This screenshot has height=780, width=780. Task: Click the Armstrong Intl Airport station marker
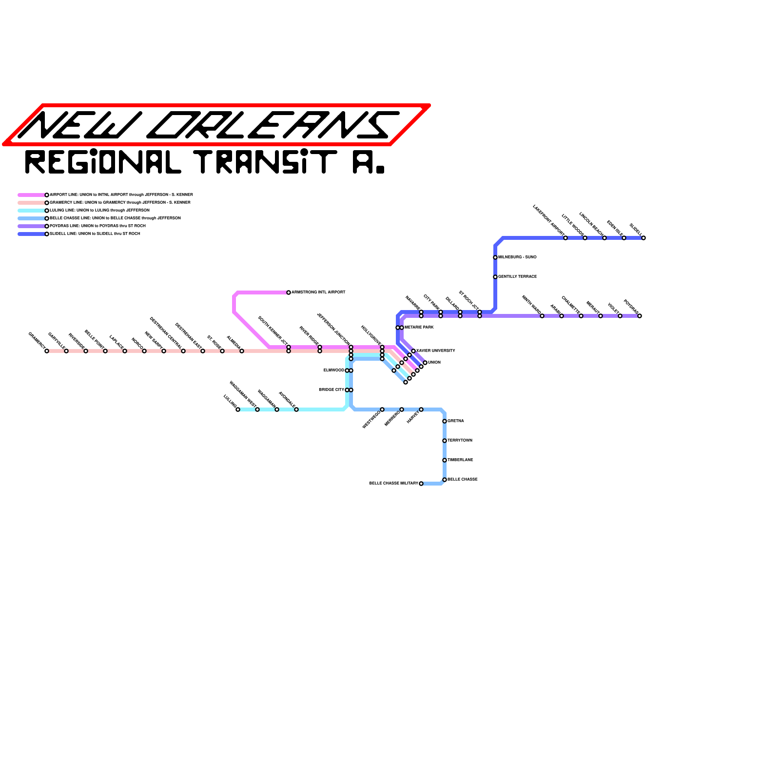tap(289, 292)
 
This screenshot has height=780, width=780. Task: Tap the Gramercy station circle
tap(47, 351)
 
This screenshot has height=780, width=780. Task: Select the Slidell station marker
tap(643, 238)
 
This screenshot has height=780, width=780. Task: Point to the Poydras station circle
tap(640, 316)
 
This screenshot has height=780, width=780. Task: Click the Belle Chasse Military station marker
tap(421, 484)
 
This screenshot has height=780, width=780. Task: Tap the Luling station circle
tap(238, 409)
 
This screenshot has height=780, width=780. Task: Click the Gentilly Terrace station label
tap(517, 277)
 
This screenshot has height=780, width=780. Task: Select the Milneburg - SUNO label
tap(517, 257)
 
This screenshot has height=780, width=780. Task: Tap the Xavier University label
tap(436, 351)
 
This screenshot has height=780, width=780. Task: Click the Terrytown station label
tap(460, 441)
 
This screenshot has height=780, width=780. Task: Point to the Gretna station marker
tap(445, 421)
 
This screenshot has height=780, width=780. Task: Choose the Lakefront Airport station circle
tap(565, 238)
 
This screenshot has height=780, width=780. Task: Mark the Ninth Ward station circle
tap(542, 316)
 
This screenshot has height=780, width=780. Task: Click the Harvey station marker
tap(421, 409)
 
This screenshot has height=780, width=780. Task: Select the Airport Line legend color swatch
tap(32, 195)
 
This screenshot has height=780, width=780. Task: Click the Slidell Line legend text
tap(95, 234)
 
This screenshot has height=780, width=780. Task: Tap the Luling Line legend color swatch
tap(32, 211)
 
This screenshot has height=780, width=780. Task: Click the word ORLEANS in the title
tap(273, 125)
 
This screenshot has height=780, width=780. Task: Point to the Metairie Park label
tap(419, 328)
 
